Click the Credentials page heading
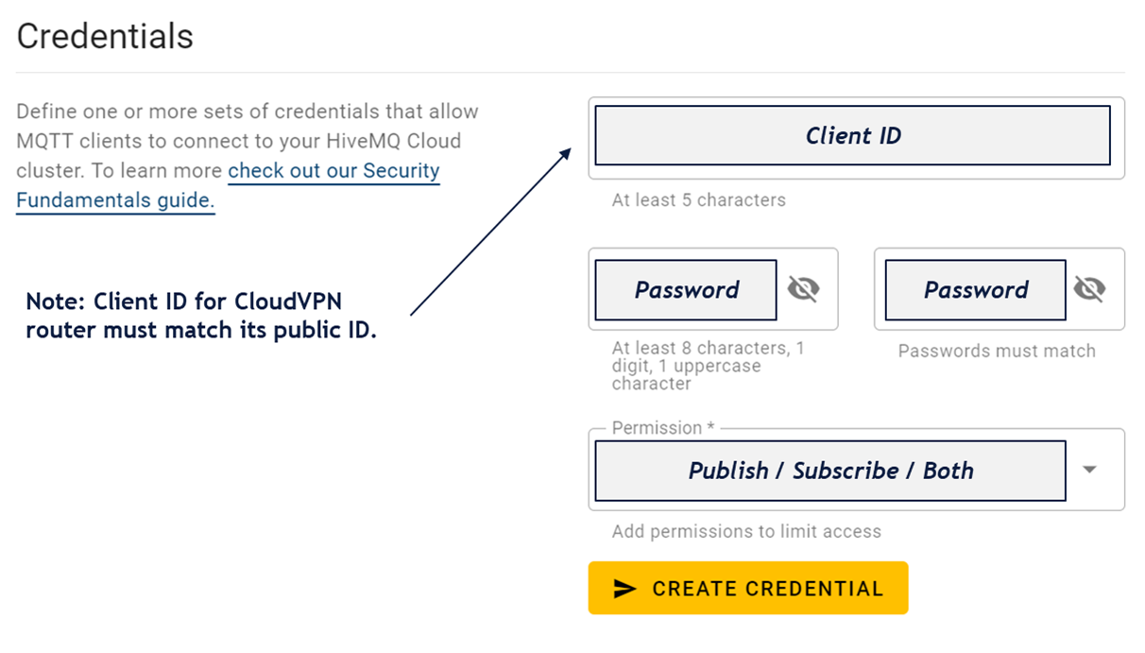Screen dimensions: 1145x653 105,37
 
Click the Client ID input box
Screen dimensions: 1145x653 853,135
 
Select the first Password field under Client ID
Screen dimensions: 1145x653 686,290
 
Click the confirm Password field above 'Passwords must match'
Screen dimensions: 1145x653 975,290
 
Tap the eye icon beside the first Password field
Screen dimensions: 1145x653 804,289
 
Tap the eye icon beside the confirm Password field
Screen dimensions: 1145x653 1090,289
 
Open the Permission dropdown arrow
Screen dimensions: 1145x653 1089,470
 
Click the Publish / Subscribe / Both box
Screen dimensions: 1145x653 830,471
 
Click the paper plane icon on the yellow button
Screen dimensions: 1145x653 624,589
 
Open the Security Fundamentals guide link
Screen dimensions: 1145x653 228,185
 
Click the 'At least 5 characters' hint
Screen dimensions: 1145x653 699,200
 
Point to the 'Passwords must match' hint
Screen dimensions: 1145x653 997,351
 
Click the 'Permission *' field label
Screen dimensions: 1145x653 663,427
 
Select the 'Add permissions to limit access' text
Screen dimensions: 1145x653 746,531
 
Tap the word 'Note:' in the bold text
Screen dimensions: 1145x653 55,301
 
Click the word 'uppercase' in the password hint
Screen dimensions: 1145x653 717,367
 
